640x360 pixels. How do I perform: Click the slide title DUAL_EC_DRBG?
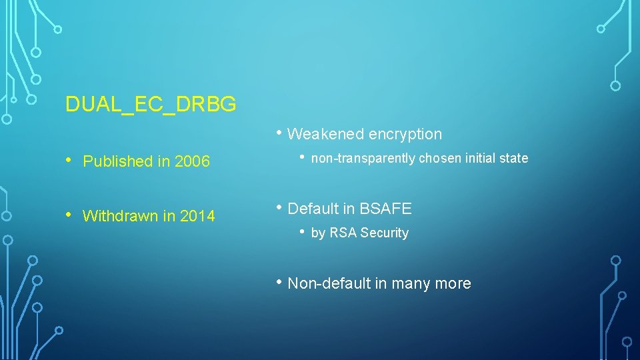(151, 104)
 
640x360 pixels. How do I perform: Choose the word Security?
(383, 233)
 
